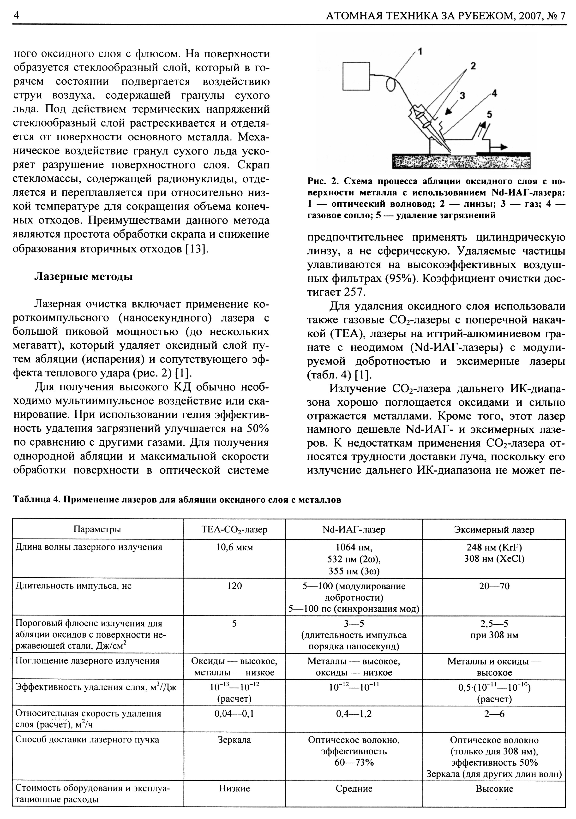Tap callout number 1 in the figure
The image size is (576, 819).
(420, 52)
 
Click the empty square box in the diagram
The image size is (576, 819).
(356, 76)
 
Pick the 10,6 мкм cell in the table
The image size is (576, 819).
(234, 547)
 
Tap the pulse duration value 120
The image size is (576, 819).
(234, 586)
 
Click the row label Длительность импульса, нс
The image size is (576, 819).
(73, 586)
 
